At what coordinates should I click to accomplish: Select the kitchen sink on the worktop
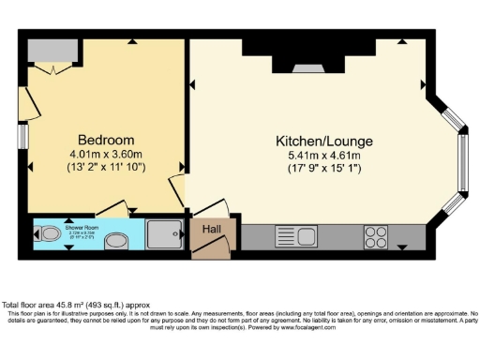[297, 236]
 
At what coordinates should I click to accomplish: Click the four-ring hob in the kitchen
[376, 235]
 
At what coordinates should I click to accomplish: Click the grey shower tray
[168, 235]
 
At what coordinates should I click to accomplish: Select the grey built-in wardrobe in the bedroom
[52, 51]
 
